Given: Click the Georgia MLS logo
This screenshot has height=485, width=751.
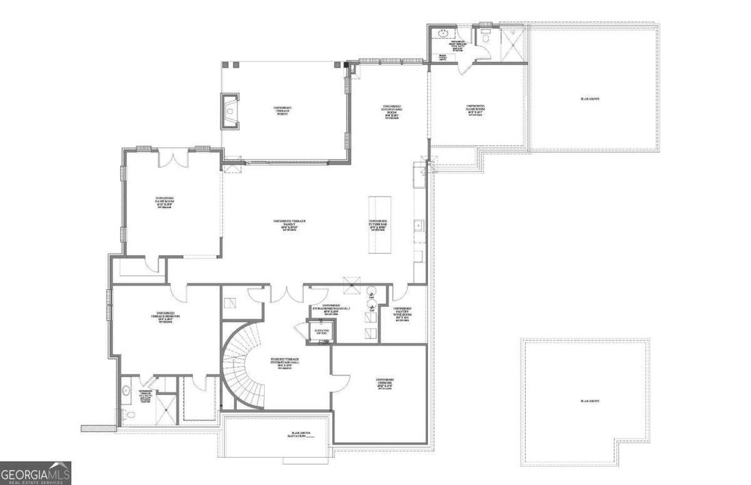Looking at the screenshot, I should pyautogui.click(x=36, y=473).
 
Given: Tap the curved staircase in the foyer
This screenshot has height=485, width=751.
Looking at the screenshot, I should pyautogui.click(x=240, y=369).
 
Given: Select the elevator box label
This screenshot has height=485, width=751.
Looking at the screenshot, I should pyautogui.click(x=321, y=332).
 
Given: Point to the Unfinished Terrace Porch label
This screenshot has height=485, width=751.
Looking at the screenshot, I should pyautogui.click(x=282, y=111).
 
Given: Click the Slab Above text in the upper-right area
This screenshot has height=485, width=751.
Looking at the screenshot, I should pyautogui.click(x=590, y=100).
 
